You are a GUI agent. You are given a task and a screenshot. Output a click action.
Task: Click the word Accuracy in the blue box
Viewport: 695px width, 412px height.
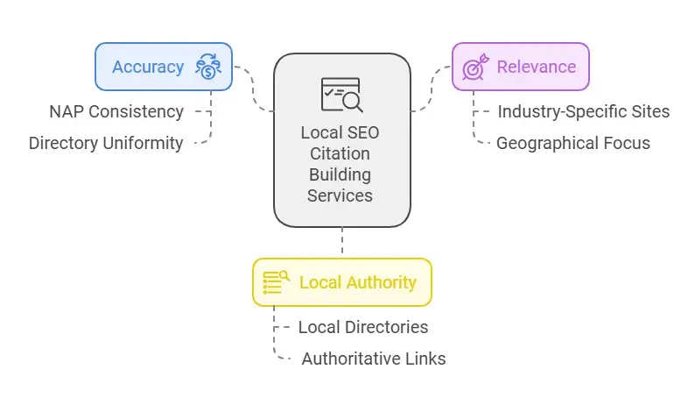tap(147, 67)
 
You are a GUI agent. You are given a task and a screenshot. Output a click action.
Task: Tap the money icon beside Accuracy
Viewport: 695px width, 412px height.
tap(208, 67)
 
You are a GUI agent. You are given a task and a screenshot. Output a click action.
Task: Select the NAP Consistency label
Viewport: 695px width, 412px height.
tap(116, 111)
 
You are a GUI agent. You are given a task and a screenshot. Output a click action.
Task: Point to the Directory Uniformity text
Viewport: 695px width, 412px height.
tap(106, 143)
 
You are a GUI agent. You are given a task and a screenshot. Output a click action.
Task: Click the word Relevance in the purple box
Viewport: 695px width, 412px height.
tap(536, 67)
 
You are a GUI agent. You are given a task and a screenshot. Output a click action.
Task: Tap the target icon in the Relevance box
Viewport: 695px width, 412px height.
tap(475, 67)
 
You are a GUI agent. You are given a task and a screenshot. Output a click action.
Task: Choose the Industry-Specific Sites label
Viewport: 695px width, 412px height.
tap(584, 111)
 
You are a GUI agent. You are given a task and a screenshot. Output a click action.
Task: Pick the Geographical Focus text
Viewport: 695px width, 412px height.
tap(573, 143)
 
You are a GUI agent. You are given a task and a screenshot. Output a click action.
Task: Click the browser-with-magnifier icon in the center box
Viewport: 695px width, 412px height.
tap(341, 95)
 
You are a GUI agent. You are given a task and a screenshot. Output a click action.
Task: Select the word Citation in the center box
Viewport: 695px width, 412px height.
tap(341, 153)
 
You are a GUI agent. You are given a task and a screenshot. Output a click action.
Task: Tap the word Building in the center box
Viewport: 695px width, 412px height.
tap(341, 174)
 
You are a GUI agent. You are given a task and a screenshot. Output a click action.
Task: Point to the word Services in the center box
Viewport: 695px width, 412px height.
tap(341, 195)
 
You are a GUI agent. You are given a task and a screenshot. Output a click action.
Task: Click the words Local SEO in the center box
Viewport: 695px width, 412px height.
tap(341, 132)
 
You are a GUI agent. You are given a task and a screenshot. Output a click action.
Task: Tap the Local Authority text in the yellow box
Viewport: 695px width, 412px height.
tap(357, 282)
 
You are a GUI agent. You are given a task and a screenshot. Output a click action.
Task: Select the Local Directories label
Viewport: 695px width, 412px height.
tap(362, 327)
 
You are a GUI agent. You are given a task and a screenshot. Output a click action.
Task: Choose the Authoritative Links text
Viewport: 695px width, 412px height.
tap(374, 359)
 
